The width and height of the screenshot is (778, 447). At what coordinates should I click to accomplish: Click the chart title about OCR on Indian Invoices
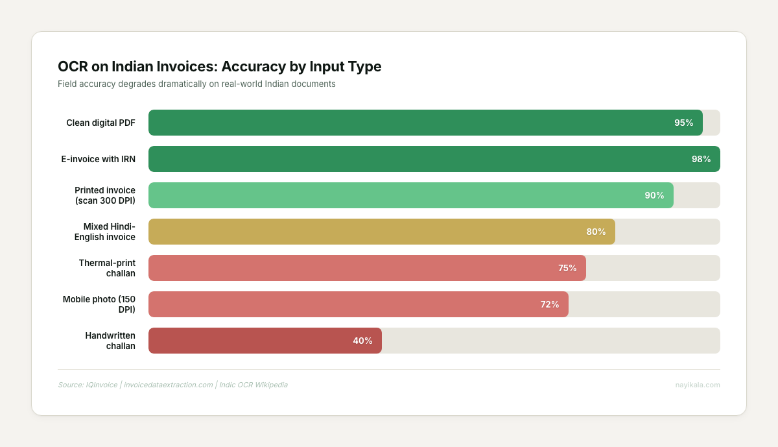coord(219,66)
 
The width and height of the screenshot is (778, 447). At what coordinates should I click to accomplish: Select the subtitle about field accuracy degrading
coord(196,84)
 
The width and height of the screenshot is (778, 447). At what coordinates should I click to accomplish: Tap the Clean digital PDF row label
coord(100,123)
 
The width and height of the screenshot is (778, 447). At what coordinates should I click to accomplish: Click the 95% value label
coord(683,123)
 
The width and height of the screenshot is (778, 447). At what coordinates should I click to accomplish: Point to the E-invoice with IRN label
coord(98,159)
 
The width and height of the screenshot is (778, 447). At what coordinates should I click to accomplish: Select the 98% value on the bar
coord(701,159)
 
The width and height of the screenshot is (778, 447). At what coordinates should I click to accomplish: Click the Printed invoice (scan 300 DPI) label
coord(105,195)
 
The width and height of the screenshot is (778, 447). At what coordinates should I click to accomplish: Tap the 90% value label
coord(654,195)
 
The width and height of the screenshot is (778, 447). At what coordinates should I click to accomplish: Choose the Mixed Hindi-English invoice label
coord(105,232)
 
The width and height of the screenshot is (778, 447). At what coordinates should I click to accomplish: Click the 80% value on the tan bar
coord(596,232)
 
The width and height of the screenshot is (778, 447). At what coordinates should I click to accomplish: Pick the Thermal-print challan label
coord(107,268)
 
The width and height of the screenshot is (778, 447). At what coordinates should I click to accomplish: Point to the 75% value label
coord(567,268)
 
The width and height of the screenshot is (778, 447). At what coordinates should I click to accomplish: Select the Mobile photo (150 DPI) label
coord(99,304)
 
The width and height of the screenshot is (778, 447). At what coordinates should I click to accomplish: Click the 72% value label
coord(550,304)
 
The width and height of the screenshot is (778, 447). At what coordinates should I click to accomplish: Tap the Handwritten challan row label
coord(110,341)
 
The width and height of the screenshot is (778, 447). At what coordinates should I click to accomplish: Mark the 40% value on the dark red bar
coord(362,341)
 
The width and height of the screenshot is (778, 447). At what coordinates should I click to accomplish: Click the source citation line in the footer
coord(172,385)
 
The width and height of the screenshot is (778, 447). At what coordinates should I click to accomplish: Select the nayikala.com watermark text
coord(697,385)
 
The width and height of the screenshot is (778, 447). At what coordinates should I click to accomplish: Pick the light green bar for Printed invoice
coord(389,195)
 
